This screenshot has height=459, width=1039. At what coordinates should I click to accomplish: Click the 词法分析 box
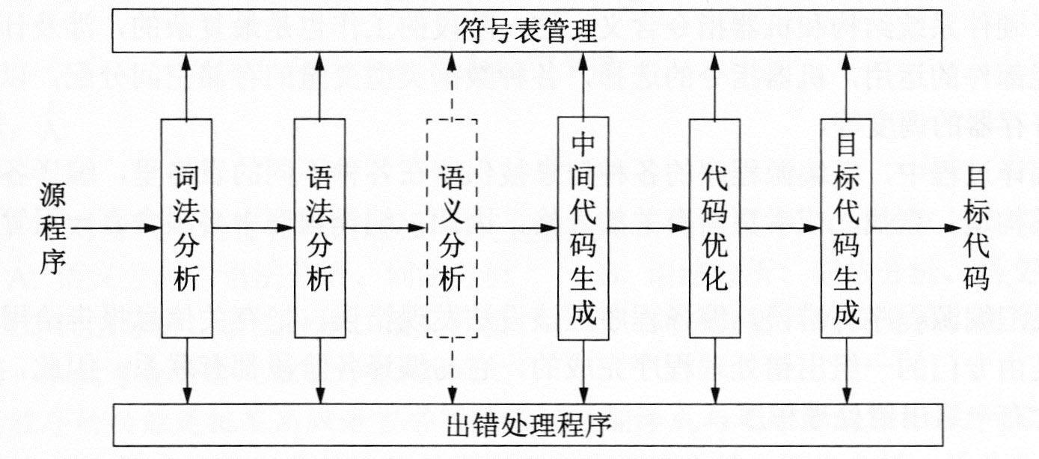pyautogui.click(x=186, y=228)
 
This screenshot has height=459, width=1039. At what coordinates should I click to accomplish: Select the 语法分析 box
pyautogui.click(x=319, y=228)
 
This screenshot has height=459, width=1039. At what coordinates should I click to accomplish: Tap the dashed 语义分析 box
pyautogui.click(x=450, y=228)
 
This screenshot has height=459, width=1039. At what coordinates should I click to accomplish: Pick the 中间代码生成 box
pyautogui.click(x=583, y=228)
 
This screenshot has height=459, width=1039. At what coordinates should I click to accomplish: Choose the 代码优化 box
pyautogui.click(x=714, y=228)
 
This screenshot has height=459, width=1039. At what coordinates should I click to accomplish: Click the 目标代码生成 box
pyautogui.click(x=846, y=228)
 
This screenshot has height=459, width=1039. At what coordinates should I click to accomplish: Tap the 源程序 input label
pyautogui.click(x=54, y=228)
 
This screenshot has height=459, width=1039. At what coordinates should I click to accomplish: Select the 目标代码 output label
pyautogui.click(x=977, y=228)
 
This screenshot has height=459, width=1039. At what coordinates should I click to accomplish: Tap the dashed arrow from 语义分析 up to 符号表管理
pyautogui.click(x=450, y=85)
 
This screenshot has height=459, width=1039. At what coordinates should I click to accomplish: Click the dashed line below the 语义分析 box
pyautogui.click(x=450, y=370)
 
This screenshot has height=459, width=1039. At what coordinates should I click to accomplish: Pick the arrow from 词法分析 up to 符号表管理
pyautogui.click(x=186, y=85)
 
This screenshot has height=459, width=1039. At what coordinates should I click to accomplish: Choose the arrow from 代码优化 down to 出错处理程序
pyautogui.click(x=714, y=370)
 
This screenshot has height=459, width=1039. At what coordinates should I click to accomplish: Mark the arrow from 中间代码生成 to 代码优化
pyautogui.click(x=648, y=228)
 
